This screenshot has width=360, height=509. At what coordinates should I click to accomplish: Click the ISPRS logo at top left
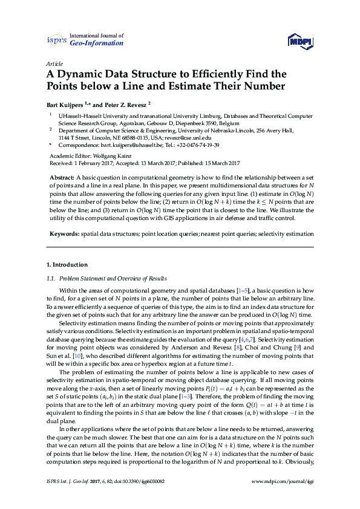[56, 40]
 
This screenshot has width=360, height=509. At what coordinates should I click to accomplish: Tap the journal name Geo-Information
[97, 44]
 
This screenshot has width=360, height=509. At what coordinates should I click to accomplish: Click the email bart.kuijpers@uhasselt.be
[126, 145]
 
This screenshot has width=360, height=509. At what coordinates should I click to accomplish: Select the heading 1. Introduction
[67, 265]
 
